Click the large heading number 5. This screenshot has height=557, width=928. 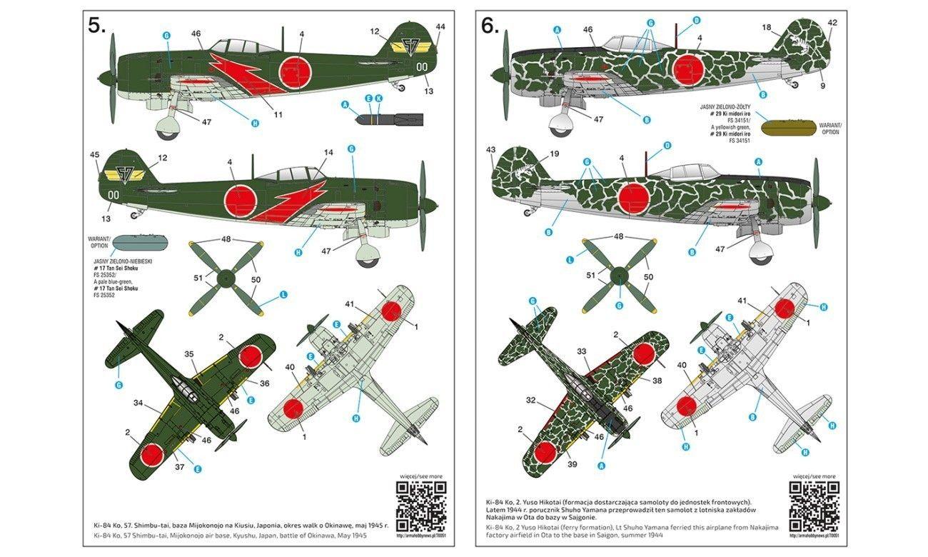tap(96, 26)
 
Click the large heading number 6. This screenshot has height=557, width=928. tap(490, 26)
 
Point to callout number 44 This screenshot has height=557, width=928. tap(440, 27)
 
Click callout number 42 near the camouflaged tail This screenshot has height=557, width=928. tap(832, 22)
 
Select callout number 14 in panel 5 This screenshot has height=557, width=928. tap(328, 152)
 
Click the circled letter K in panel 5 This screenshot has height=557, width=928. tap(379, 97)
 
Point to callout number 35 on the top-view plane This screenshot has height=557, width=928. tap(189, 353)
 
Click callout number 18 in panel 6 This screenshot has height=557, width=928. tap(767, 28)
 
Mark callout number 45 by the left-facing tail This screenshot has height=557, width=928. tap(95, 154)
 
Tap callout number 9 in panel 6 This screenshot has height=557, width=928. tap(822, 86)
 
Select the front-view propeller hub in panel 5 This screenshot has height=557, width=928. tap(226, 278)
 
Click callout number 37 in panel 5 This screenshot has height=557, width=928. tap(178, 468)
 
